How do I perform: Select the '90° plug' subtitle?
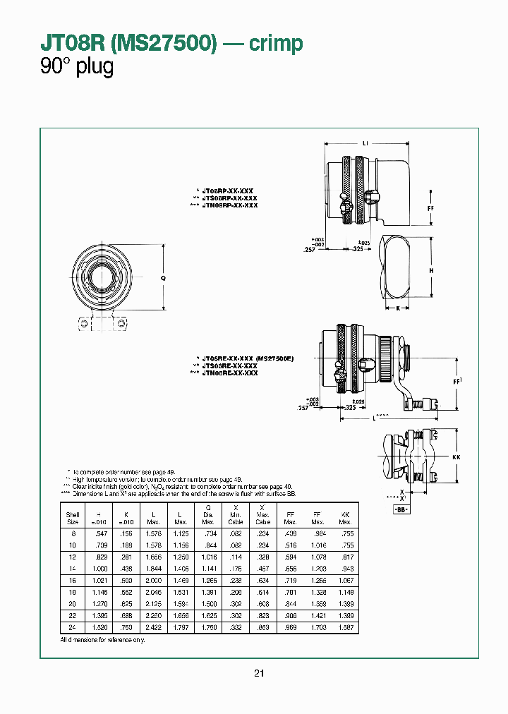pos(77,67)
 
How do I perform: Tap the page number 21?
pos(259,673)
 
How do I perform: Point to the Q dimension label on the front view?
pos(163,278)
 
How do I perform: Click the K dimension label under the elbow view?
pos(398,308)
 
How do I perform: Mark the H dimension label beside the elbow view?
pos(431,270)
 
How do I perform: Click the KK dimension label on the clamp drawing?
pos(455,458)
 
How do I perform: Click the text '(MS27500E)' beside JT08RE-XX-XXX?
pos(274,359)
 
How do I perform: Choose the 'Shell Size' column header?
pos(73,518)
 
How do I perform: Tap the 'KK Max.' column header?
pos(344,518)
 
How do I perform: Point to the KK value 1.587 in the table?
pos(344,627)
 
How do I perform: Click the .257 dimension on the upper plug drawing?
pos(308,250)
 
